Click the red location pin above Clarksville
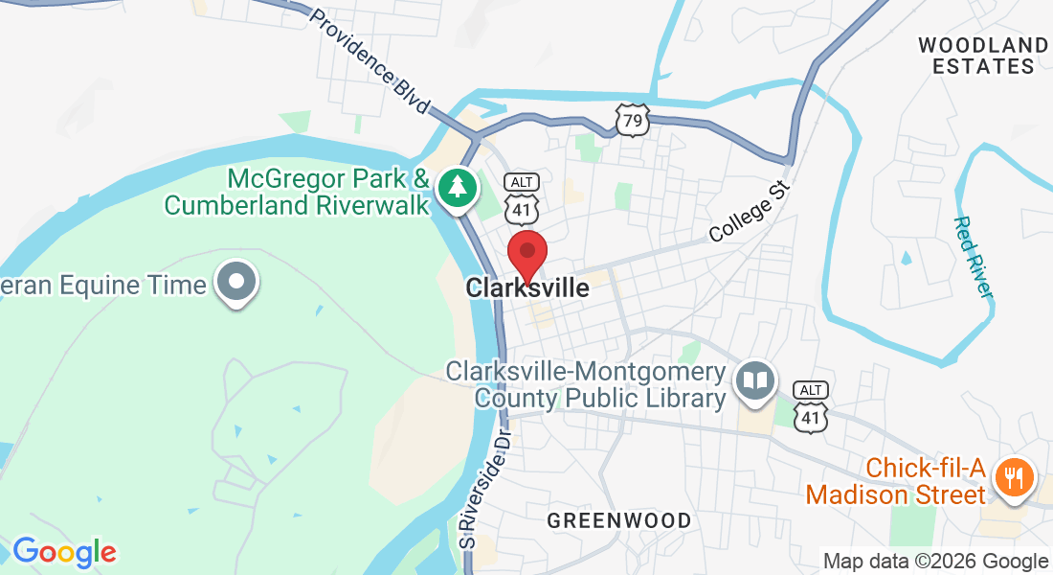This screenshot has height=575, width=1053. coord(526,253)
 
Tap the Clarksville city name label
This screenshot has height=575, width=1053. coord(527,287)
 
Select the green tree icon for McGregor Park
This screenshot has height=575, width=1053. coord(459,188)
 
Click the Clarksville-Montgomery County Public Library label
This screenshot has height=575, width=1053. coord(587,384)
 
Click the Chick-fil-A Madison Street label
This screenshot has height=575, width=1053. coord(895,481)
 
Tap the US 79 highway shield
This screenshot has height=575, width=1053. coord(633,120)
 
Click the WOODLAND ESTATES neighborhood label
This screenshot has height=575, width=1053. coord(983,56)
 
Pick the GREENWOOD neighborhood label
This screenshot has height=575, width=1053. coord(618,520)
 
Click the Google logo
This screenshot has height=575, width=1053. coord(64,552)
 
